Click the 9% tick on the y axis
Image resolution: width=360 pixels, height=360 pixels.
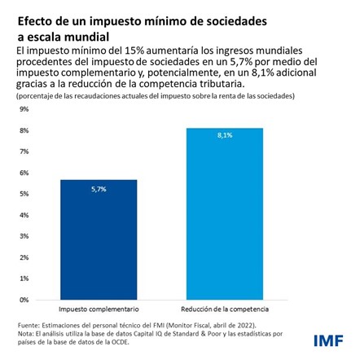24,108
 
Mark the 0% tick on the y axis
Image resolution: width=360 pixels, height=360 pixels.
24,300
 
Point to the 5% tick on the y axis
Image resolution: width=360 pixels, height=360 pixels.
24,194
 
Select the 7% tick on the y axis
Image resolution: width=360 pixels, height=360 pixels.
24,151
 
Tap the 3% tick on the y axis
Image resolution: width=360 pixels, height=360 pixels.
24,236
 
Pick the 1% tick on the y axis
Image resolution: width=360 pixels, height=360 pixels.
24,279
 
